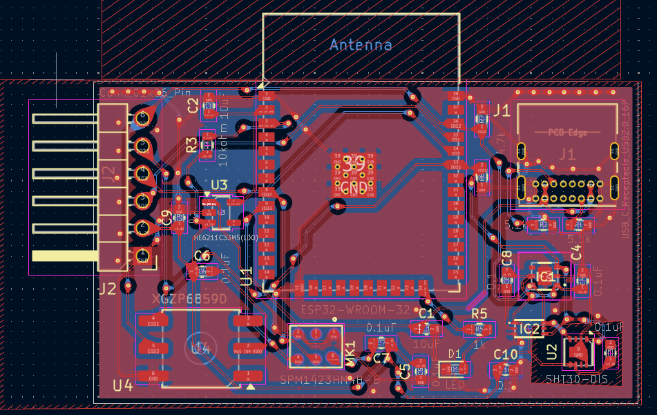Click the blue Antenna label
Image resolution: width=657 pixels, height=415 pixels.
(x=361, y=46)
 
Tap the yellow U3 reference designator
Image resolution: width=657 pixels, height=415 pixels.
(x=218, y=185)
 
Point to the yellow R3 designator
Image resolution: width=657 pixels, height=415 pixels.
(x=191, y=144)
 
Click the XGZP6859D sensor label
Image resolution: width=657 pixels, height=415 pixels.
(x=189, y=299)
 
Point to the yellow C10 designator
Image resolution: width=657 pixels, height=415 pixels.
(x=505, y=355)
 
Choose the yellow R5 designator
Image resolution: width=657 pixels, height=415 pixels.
(x=479, y=313)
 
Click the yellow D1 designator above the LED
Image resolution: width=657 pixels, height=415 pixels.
(x=455, y=354)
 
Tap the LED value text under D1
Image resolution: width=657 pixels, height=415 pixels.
(x=455, y=384)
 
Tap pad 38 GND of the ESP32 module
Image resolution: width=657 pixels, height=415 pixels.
(x=455, y=97)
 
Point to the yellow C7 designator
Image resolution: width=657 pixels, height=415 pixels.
(x=381, y=358)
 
